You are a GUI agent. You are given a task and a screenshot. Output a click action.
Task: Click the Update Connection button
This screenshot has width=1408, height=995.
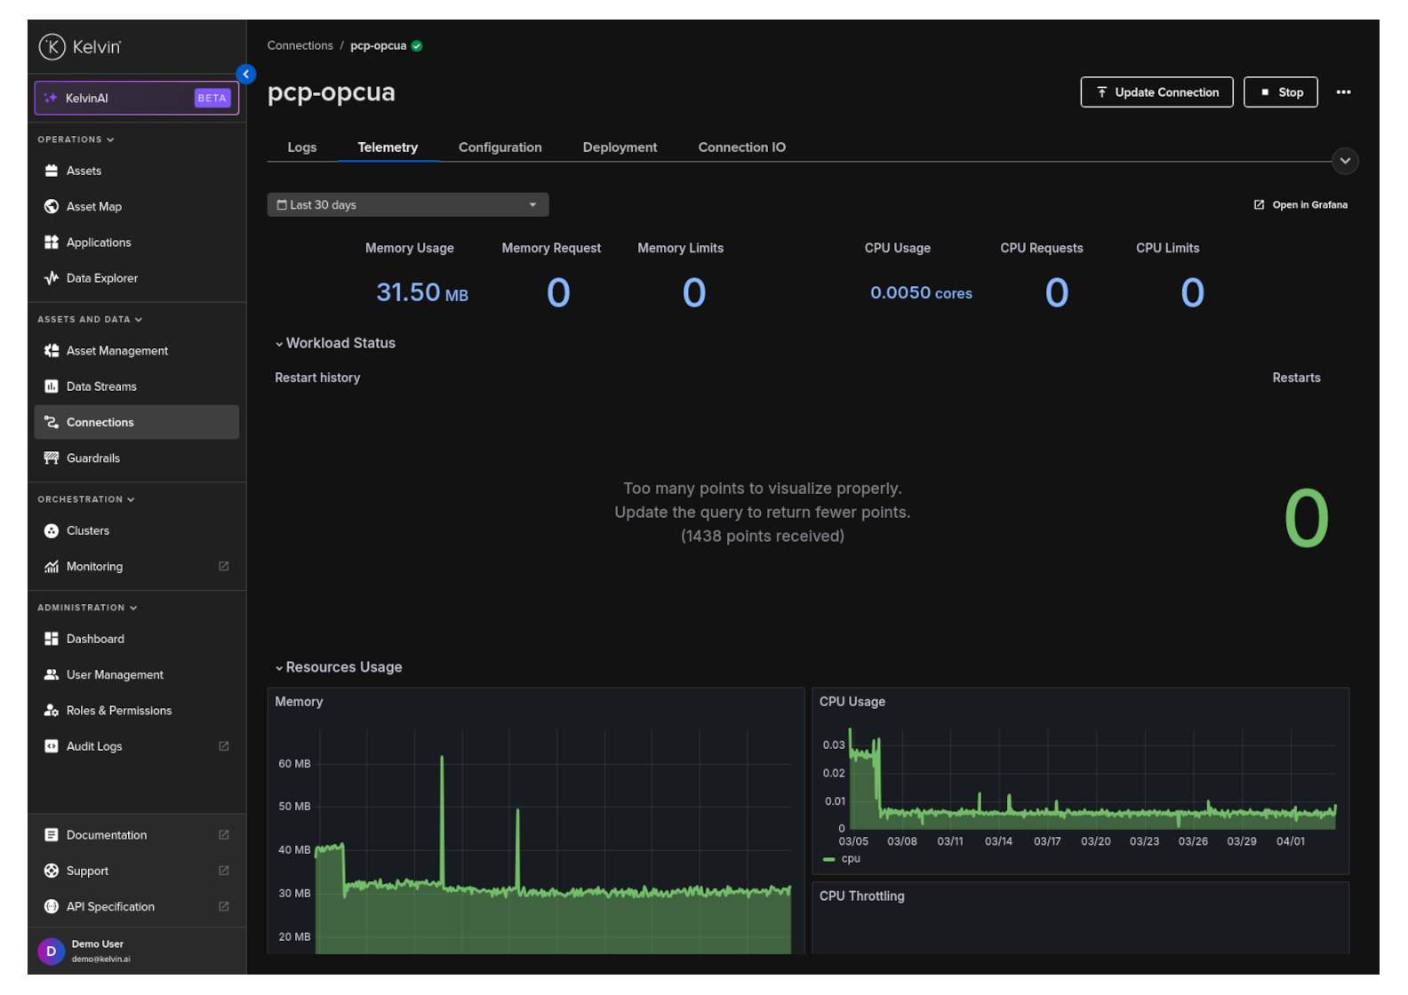[1156, 92]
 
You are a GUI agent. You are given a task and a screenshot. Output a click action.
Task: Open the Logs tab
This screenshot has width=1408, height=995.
[302, 147]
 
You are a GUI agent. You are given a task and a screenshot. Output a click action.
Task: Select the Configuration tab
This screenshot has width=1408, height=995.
[500, 147]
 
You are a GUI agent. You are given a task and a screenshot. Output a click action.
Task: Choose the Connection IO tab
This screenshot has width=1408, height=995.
[741, 147]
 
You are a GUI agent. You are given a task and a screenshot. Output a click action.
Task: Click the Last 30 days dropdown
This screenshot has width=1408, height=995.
[407, 205]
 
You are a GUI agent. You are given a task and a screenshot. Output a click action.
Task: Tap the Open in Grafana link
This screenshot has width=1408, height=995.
[1301, 205]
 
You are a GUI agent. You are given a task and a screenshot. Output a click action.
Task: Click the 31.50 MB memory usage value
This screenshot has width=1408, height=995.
[421, 292]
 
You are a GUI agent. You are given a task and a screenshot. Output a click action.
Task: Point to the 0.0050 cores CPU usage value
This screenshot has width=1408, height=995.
[920, 293]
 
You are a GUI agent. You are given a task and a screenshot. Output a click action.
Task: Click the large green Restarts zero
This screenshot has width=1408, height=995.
[1305, 519]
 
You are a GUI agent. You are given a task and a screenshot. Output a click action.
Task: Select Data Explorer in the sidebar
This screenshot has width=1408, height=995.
[101, 278]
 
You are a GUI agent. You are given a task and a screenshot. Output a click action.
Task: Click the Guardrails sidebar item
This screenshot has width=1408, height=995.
[92, 458]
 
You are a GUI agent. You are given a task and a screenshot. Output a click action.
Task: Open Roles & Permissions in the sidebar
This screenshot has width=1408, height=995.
[118, 711]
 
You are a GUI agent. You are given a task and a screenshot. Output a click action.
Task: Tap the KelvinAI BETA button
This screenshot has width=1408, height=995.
[136, 99]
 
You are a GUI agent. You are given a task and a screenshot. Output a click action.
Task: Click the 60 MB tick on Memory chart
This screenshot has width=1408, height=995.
[294, 764]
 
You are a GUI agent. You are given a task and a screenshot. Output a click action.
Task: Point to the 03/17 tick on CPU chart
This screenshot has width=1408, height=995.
[1046, 841]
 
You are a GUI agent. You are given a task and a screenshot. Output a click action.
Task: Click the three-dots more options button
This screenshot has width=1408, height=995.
[1342, 92]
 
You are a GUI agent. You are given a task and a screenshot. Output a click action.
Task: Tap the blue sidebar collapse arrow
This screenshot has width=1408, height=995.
[246, 75]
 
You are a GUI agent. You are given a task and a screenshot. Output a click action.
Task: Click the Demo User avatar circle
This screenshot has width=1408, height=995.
[51, 951]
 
